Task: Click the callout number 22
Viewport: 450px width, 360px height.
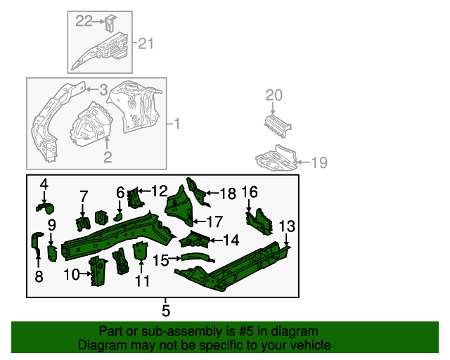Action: tap(84, 21)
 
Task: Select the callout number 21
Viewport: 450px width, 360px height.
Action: tap(145, 44)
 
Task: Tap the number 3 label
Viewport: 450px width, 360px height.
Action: tap(103, 89)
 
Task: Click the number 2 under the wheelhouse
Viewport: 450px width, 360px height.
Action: tap(107, 156)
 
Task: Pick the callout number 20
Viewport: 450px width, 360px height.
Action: tap(273, 96)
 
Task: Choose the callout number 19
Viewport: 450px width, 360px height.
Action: tap(319, 162)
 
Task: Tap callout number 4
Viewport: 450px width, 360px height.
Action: tap(44, 184)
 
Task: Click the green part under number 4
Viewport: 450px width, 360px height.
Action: tap(46, 206)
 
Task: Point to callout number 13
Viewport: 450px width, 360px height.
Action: tap(287, 226)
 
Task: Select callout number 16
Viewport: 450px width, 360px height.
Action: tap(250, 192)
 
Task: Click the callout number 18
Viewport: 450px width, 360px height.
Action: tap(227, 194)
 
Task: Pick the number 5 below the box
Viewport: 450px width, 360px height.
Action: tap(166, 309)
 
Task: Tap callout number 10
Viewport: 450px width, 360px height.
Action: tap(72, 274)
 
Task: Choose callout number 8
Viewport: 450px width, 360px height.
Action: tap(39, 277)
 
